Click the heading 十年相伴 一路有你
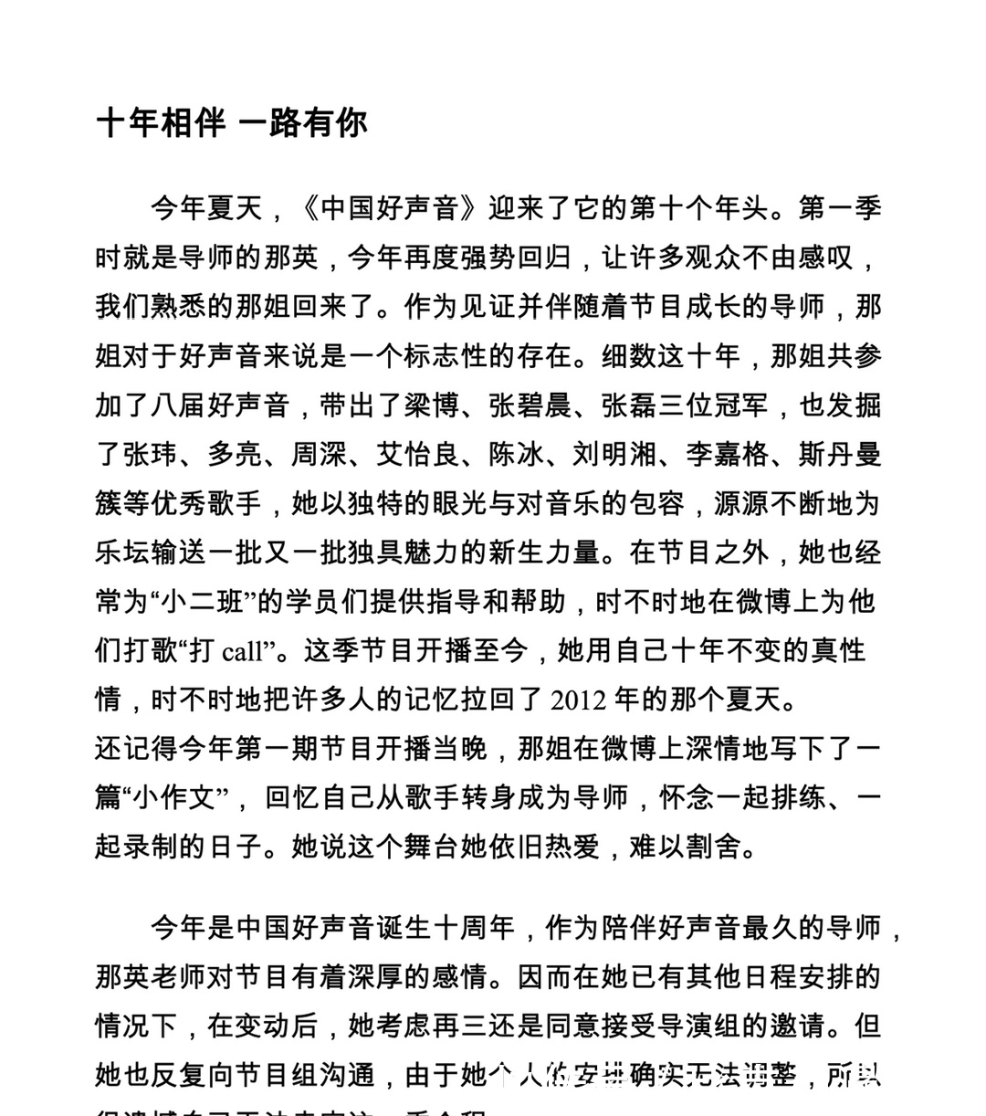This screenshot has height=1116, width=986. (x=232, y=122)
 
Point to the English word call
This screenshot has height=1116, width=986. (x=242, y=651)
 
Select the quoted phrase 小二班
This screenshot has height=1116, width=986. (x=194, y=602)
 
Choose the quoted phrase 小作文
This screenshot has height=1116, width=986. (x=179, y=798)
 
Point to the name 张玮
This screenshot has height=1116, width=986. (x=152, y=454)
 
